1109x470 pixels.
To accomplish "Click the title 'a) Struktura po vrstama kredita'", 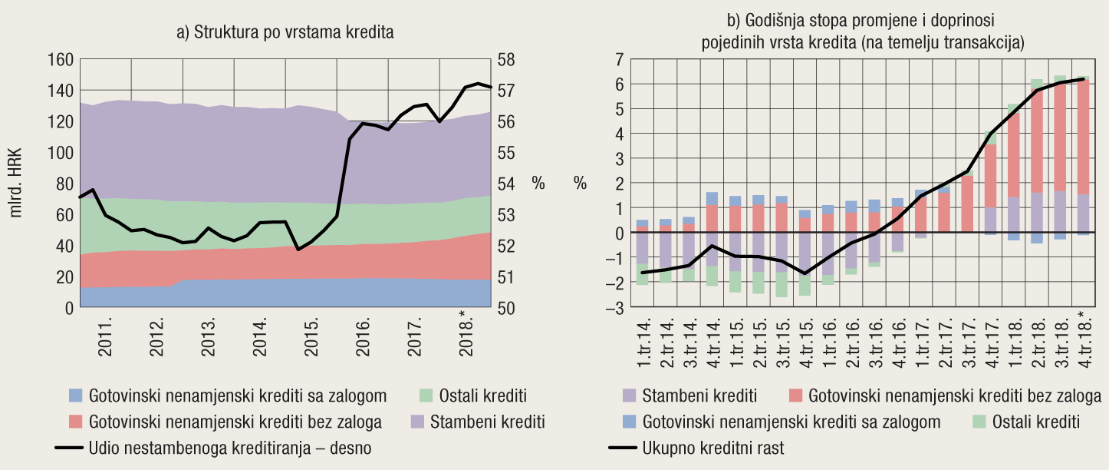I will [x=285, y=32].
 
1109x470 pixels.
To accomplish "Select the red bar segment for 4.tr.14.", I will [x=712, y=218].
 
